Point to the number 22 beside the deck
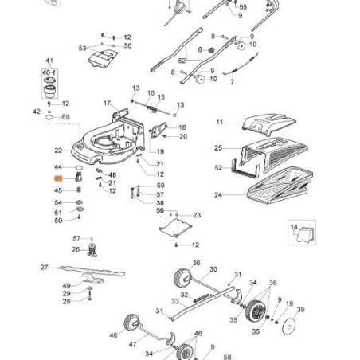tap(57, 150)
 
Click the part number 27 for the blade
tap(45, 268)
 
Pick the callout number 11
tap(221, 121)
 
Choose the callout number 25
tap(218, 148)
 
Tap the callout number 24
tap(218, 194)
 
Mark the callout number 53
tap(82, 49)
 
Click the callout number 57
tap(77, 238)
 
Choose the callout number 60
tap(65, 117)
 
